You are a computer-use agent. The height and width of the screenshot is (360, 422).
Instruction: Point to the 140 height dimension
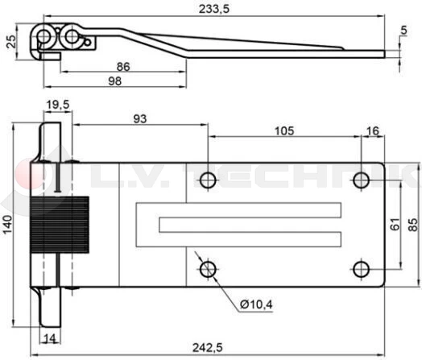click(x=8, y=228)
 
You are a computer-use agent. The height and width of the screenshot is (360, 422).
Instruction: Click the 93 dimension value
click(x=139, y=119)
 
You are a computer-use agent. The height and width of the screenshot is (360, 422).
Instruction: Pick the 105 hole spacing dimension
click(x=285, y=130)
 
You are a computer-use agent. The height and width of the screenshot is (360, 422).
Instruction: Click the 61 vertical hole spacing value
click(x=393, y=226)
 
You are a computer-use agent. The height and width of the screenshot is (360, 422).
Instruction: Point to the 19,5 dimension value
click(x=57, y=105)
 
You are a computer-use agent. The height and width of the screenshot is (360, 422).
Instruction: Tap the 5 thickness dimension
click(x=403, y=31)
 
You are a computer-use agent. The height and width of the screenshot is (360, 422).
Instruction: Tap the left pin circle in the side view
click(x=45, y=39)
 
